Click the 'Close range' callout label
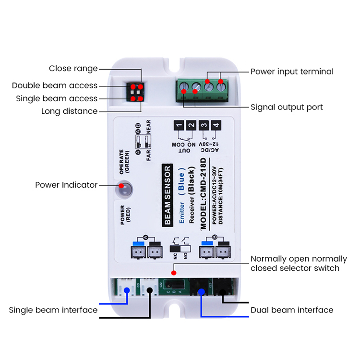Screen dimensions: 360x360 (73, 69)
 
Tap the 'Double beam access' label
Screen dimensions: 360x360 (55, 85)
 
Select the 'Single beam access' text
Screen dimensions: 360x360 (57, 98)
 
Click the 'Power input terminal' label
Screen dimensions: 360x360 (292, 72)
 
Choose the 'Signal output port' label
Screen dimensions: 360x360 (287, 107)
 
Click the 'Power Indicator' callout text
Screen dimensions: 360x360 (66, 185)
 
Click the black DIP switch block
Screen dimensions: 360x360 (136, 92)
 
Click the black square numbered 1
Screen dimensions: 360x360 (179, 126)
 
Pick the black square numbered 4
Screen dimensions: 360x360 (216, 126)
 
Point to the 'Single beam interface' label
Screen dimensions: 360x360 (53, 310)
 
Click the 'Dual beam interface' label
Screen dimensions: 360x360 (292, 310)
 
